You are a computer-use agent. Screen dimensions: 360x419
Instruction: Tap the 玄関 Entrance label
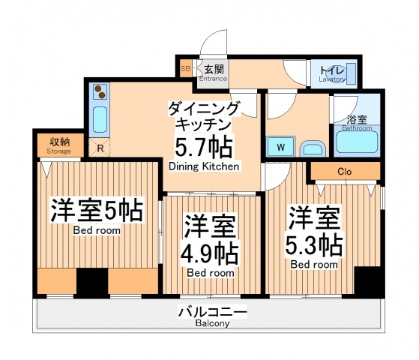pyautogui.click(x=213, y=72)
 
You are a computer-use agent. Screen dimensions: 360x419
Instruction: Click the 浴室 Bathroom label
pyautogui.click(x=357, y=123)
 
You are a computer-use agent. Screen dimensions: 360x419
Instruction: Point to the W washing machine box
pyautogui.click(x=280, y=146)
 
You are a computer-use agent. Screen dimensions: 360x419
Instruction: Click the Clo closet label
pyautogui.click(x=344, y=172)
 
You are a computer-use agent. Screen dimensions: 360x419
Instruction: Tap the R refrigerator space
pyautogui.click(x=100, y=148)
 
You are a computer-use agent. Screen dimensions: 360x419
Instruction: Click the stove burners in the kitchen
pyautogui.click(x=100, y=93)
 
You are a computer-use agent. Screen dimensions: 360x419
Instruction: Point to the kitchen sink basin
pyautogui.click(x=100, y=118)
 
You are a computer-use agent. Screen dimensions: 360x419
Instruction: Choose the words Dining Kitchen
pyautogui.click(x=204, y=166)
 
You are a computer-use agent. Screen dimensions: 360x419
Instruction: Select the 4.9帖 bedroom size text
pyautogui.click(x=211, y=252)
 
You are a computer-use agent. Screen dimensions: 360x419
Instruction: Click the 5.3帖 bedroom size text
pyautogui.click(x=314, y=245)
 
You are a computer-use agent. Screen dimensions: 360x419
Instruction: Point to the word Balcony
pyautogui.click(x=203, y=324)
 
